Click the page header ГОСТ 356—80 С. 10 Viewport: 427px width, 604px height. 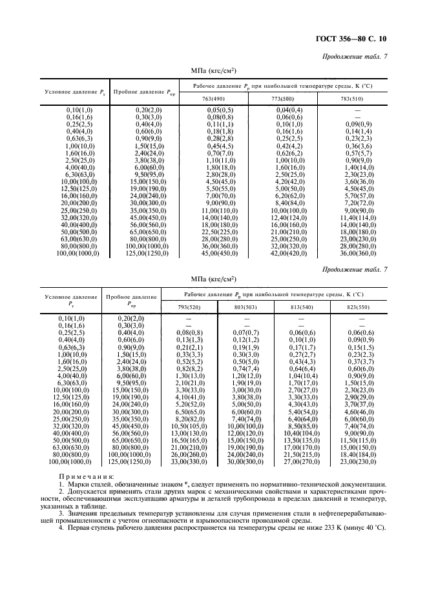tap(353, 39)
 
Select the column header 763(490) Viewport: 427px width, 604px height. tap(214, 98)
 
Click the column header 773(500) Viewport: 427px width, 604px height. tap(282, 98)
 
